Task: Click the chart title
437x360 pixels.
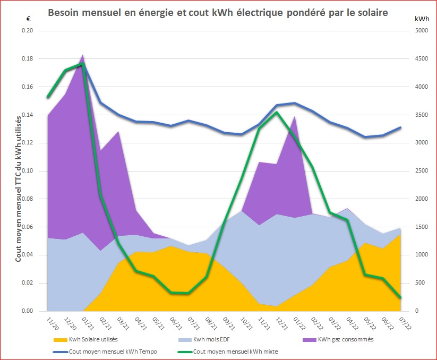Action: [218, 12]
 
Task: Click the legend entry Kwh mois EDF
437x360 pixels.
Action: [214, 339]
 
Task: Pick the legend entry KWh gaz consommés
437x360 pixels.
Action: [346, 339]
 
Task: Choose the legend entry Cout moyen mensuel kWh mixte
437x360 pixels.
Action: [235, 351]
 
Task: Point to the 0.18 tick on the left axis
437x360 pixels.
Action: [26, 59]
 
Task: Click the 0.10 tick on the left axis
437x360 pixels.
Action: [26, 171]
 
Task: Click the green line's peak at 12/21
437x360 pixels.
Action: [277, 112]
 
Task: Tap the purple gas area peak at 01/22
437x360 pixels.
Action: [294, 116]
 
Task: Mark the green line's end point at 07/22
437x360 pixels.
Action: [400, 298]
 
